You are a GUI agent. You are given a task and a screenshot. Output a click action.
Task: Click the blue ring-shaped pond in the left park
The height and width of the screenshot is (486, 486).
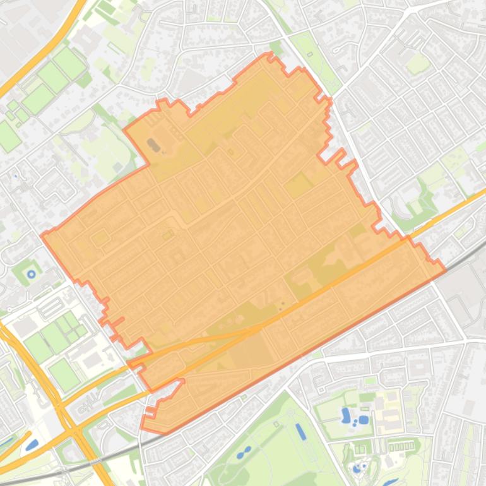[31, 274]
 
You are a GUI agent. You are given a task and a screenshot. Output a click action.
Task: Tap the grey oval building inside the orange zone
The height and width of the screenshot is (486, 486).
[153, 145]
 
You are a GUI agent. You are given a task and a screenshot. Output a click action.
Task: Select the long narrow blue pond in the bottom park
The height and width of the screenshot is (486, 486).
[300, 432]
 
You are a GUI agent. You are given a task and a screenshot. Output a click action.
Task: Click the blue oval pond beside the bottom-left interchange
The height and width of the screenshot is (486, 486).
[32, 444]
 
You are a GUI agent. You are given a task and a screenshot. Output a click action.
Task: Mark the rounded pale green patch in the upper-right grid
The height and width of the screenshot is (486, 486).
[418, 64]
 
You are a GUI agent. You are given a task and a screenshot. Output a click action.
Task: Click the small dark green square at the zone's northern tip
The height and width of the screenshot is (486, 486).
[275, 48]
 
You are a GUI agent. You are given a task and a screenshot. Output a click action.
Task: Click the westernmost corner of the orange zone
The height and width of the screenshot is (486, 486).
[42, 235]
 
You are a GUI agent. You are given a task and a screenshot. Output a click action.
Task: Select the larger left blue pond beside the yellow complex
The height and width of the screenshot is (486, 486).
[346, 415]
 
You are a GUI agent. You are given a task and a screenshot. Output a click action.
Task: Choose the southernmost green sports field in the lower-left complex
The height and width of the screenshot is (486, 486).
[64, 374]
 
